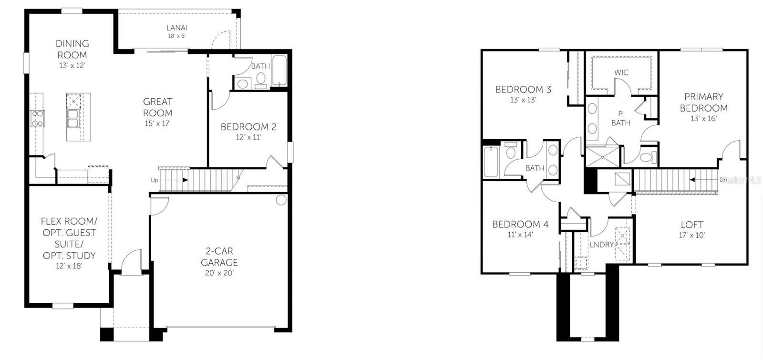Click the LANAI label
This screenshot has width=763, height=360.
click(x=176, y=28)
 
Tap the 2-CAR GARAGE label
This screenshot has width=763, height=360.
click(x=219, y=257)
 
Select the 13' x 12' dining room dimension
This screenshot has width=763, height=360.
click(x=72, y=66)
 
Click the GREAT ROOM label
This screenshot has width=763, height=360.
click(x=158, y=107)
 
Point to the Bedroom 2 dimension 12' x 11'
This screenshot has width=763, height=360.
click(x=248, y=137)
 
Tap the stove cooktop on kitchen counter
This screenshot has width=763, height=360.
click(x=38, y=118)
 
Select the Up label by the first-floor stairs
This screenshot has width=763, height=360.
click(x=155, y=180)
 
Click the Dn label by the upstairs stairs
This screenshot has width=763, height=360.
click(x=723, y=180)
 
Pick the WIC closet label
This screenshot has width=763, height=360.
click(x=621, y=72)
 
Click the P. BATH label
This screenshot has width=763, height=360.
click(x=620, y=118)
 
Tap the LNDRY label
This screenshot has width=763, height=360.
click(x=602, y=245)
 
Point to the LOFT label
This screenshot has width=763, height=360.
click(x=692, y=225)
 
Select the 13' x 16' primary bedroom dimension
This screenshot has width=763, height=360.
click(x=703, y=119)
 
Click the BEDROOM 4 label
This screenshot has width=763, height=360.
click(x=520, y=224)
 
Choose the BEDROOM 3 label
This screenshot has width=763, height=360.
click(x=523, y=89)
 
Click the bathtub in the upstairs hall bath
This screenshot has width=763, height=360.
click(x=491, y=162)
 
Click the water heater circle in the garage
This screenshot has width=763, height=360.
click(x=281, y=200)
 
